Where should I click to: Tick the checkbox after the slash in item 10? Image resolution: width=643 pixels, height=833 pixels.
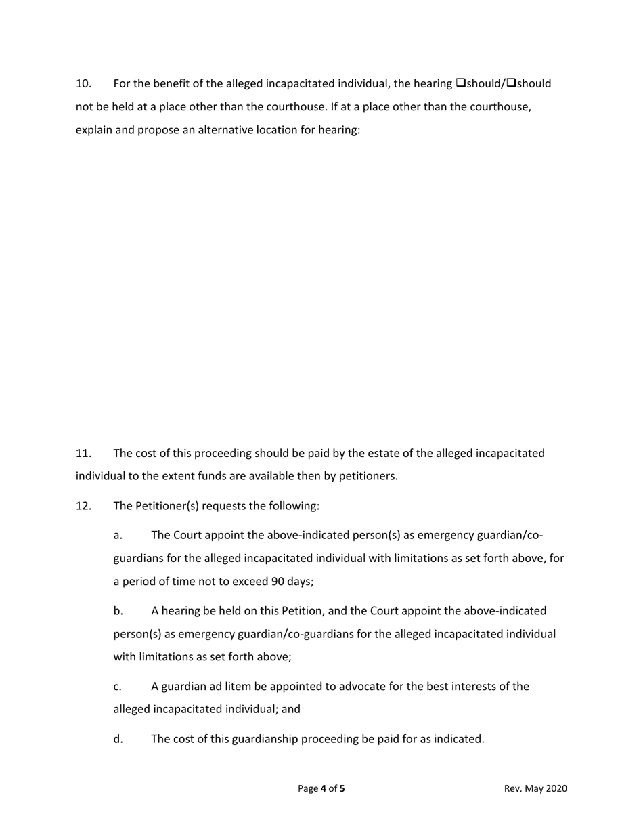coord(511,84)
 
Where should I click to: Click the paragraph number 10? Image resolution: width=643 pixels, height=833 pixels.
coord(83,84)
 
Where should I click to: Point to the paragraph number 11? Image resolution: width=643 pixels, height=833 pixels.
coord(83,453)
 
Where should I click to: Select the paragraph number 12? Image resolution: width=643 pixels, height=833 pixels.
coord(83,506)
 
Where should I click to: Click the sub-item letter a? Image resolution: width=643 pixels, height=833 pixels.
coord(118,536)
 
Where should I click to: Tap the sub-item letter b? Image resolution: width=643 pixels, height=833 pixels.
coord(118,611)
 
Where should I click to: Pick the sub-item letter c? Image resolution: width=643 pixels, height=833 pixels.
coord(118,687)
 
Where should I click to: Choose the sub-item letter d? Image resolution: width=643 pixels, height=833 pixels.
coord(118,739)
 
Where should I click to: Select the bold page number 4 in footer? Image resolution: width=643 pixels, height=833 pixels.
coord(324,788)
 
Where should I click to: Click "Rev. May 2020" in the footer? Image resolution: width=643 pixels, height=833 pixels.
coord(535,788)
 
